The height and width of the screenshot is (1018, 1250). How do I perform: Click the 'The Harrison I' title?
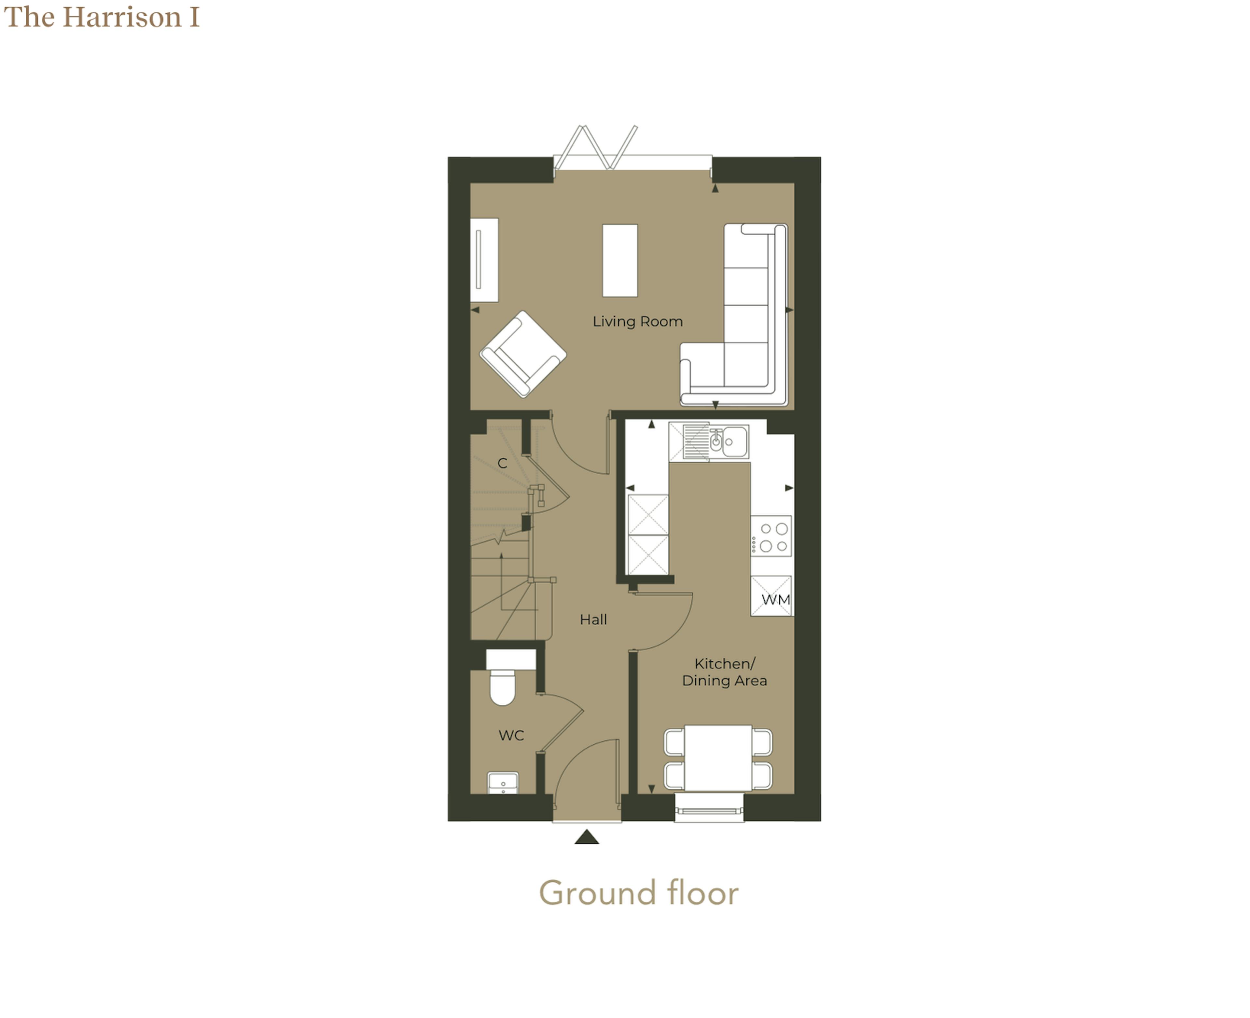tap(102, 17)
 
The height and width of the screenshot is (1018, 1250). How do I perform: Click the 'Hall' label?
tap(593, 619)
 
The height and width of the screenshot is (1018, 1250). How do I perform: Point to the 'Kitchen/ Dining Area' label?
tap(724, 672)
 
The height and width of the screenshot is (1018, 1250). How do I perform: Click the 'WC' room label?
tap(511, 735)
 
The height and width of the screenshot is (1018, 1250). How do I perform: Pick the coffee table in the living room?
tap(619, 260)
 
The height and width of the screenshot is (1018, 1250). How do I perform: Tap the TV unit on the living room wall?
tap(484, 260)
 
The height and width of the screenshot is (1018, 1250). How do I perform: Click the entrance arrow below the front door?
tap(587, 837)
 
